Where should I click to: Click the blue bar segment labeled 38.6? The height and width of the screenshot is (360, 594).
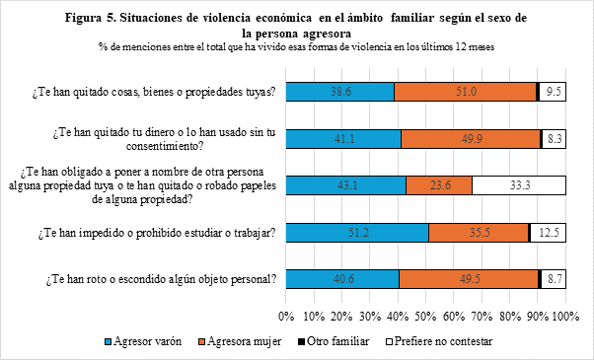(339, 92)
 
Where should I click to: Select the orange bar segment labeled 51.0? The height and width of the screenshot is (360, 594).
(465, 92)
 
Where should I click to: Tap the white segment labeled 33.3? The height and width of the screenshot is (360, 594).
(519, 185)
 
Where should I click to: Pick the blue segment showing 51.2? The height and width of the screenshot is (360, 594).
(357, 233)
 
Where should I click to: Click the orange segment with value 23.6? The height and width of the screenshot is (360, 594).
(439, 185)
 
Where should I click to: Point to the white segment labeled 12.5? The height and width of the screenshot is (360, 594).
(549, 233)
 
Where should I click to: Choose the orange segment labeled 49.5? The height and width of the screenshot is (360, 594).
(469, 279)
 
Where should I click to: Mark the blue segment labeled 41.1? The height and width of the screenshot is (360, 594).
(343, 139)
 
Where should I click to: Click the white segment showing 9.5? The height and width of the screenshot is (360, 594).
(553, 92)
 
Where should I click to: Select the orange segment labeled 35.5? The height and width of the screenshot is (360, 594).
(479, 233)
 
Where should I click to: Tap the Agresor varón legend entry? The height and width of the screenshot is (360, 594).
(143, 341)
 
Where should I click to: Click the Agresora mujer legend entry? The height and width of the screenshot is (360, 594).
(240, 341)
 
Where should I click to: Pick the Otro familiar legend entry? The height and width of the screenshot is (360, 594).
(334, 341)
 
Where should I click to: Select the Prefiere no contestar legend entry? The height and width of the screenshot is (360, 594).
(439, 341)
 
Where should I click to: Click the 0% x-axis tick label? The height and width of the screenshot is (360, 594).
(286, 316)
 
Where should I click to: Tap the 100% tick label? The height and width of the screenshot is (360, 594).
(566, 316)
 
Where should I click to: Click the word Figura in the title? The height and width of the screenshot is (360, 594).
(83, 18)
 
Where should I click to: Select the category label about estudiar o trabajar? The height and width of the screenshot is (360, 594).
(157, 233)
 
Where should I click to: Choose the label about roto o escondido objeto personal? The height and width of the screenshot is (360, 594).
(161, 280)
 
